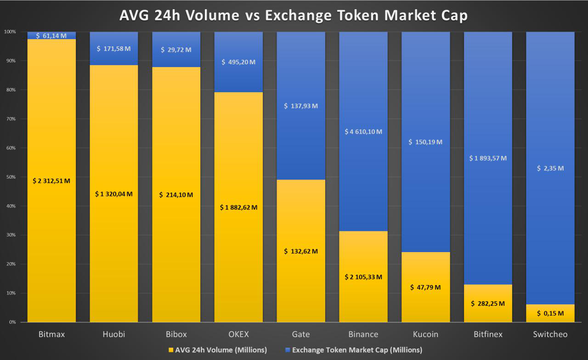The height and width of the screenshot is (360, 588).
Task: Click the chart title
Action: click(294, 15)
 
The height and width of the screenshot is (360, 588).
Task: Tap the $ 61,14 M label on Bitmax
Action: click(51, 36)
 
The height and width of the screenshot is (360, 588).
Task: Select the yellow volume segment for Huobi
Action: click(114, 193)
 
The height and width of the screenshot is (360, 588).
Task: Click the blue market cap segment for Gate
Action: click(301, 106)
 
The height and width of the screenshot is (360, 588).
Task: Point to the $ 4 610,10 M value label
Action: click(363, 132)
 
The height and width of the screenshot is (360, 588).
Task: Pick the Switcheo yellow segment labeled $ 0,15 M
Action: click(550, 313)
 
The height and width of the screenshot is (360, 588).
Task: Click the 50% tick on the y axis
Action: click(11, 177)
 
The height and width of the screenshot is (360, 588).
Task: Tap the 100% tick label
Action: click(10, 32)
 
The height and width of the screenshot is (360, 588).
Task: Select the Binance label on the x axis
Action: click(363, 334)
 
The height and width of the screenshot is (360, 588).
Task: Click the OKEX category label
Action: click(238, 334)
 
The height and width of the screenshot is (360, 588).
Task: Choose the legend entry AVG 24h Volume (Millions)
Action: click(218, 350)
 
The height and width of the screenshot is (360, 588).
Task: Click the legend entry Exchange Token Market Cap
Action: click(354, 350)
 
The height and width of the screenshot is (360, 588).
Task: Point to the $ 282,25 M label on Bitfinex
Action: click(488, 304)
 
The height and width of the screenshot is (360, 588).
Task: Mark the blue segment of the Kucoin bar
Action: click(426, 142)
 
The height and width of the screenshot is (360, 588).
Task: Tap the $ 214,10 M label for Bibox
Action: click(176, 195)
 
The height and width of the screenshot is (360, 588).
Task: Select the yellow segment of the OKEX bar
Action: click(238, 207)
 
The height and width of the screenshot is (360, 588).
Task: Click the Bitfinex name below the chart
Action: click(488, 334)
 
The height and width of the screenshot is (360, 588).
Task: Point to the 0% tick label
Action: click(12, 322)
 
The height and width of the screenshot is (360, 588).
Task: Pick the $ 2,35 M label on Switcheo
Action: click(550, 168)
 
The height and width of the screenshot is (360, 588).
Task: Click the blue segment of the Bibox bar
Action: click(176, 49)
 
